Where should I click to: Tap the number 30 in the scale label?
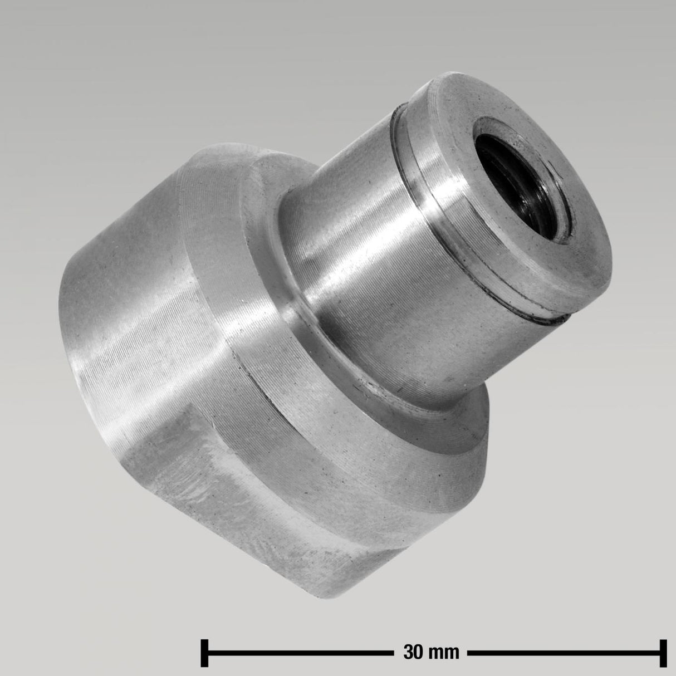point(411,651)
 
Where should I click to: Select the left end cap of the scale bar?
point(204,651)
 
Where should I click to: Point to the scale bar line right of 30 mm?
point(562,651)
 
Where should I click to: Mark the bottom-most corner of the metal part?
point(312,593)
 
